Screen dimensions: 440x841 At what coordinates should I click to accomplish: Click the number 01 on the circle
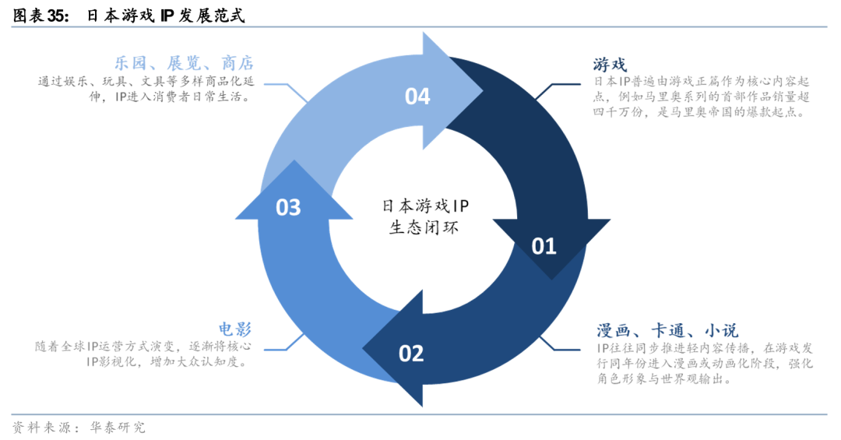[x=544, y=246]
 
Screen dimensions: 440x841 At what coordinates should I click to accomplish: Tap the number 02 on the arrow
[x=411, y=354]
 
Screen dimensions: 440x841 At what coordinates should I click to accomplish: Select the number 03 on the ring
[x=288, y=207]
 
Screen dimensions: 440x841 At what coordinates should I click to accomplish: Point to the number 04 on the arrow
[x=417, y=97]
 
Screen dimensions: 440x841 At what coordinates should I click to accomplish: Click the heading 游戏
[x=610, y=64]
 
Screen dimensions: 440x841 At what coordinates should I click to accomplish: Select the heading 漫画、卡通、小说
[x=667, y=330]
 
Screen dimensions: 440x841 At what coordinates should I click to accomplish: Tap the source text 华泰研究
[x=118, y=427]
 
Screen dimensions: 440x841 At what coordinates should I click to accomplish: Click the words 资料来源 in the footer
[x=39, y=427]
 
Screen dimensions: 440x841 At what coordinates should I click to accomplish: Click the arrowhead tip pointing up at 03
[x=294, y=161]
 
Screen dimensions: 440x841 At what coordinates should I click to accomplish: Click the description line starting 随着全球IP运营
[x=145, y=347]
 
